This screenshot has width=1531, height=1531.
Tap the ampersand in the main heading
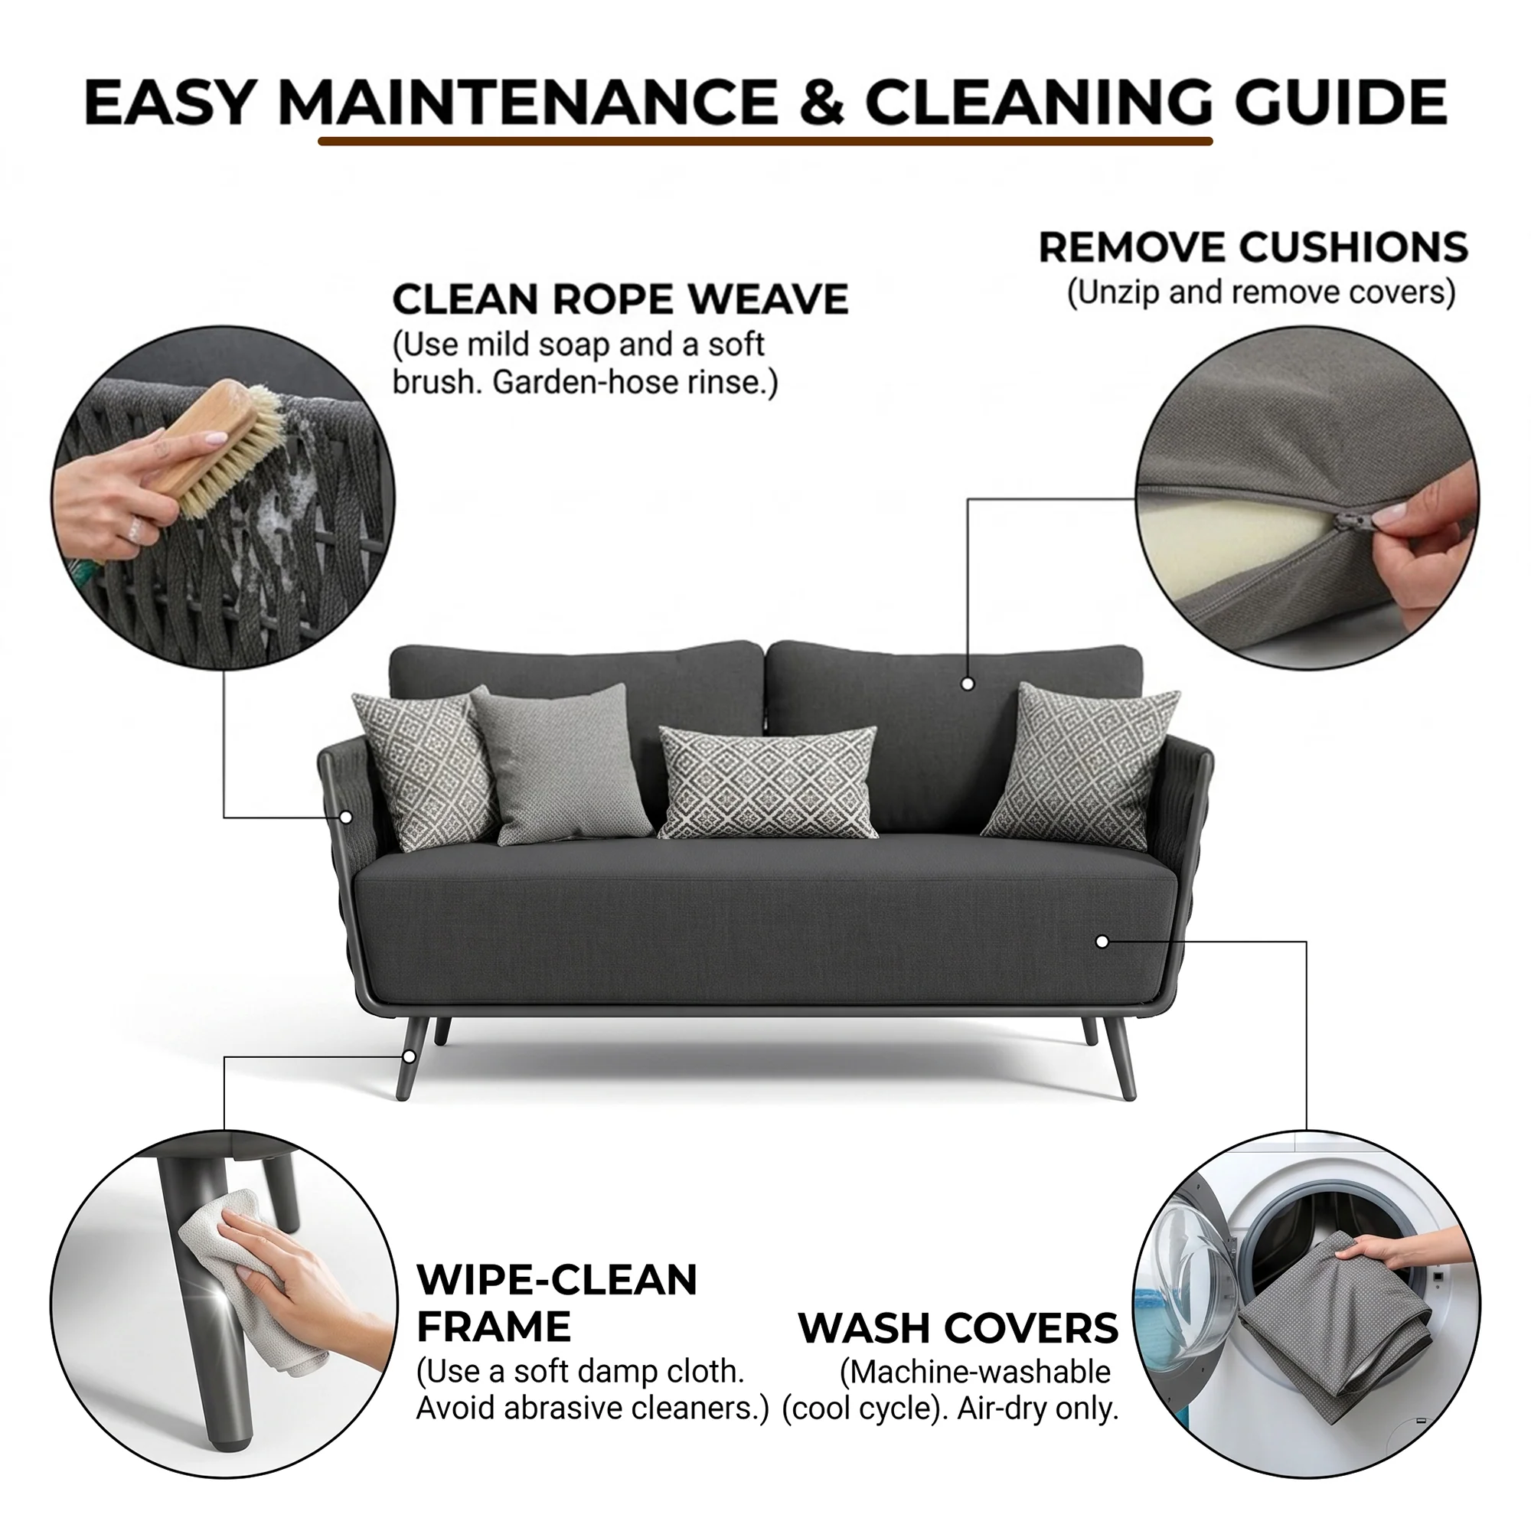[821, 103]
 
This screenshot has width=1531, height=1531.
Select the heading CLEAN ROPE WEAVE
[621, 299]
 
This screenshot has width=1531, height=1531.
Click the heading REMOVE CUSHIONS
[1253, 247]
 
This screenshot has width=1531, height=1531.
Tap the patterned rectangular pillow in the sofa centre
[768, 782]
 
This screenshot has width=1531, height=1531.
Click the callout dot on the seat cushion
[1102, 942]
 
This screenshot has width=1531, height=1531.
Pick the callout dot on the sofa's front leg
[409, 1056]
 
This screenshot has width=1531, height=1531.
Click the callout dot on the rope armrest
[345, 817]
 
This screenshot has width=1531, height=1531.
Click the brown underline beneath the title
[765, 142]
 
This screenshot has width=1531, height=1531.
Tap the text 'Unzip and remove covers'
[1261, 292]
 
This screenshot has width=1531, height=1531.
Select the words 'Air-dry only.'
[1037, 1409]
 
